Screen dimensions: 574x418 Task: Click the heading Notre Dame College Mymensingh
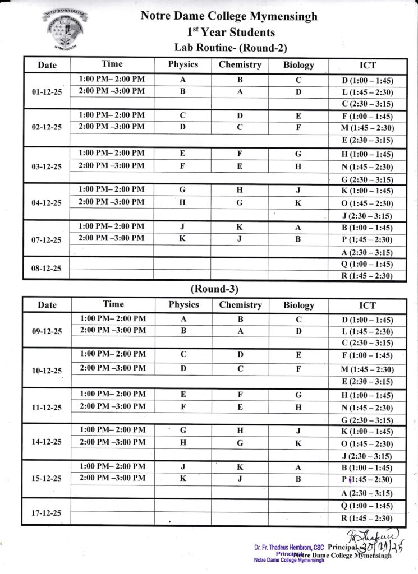point(228,16)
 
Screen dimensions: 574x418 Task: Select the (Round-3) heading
point(214,289)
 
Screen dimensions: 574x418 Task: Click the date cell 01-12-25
point(47,91)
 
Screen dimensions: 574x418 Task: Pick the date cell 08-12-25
point(47,268)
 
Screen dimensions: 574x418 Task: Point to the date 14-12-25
point(47,442)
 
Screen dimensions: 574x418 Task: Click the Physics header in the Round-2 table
point(183,64)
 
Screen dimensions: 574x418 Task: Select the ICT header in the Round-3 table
point(368,305)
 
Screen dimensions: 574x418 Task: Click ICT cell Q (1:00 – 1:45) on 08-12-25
point(367,264)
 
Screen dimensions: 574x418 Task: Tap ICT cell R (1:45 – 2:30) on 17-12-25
point(367,518)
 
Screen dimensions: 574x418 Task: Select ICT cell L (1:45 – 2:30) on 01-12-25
point(367,92)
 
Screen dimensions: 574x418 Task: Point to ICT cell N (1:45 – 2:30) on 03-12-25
point(367,167)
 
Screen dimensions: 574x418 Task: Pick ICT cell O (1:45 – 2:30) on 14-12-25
point(367,444)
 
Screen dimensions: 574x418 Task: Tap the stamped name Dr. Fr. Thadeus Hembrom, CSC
point(289,547)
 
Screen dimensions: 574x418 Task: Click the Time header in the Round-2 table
point(112,64)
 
